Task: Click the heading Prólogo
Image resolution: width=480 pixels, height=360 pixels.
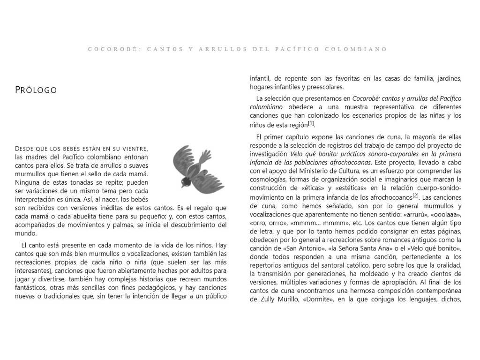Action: [x=36, y=90]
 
